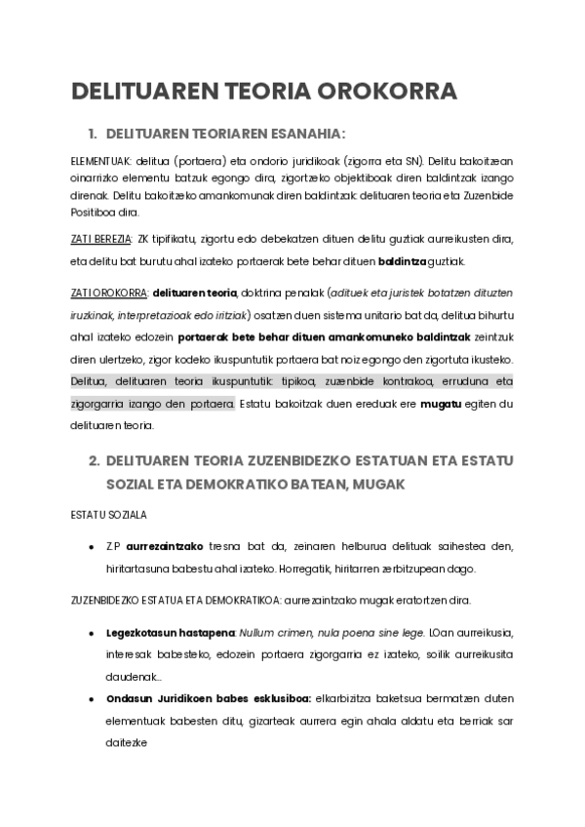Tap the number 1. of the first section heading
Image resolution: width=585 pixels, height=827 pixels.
pos(94,133)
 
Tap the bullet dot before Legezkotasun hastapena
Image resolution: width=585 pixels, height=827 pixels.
pos(91,633)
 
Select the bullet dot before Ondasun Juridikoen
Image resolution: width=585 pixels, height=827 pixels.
pos(91,698)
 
